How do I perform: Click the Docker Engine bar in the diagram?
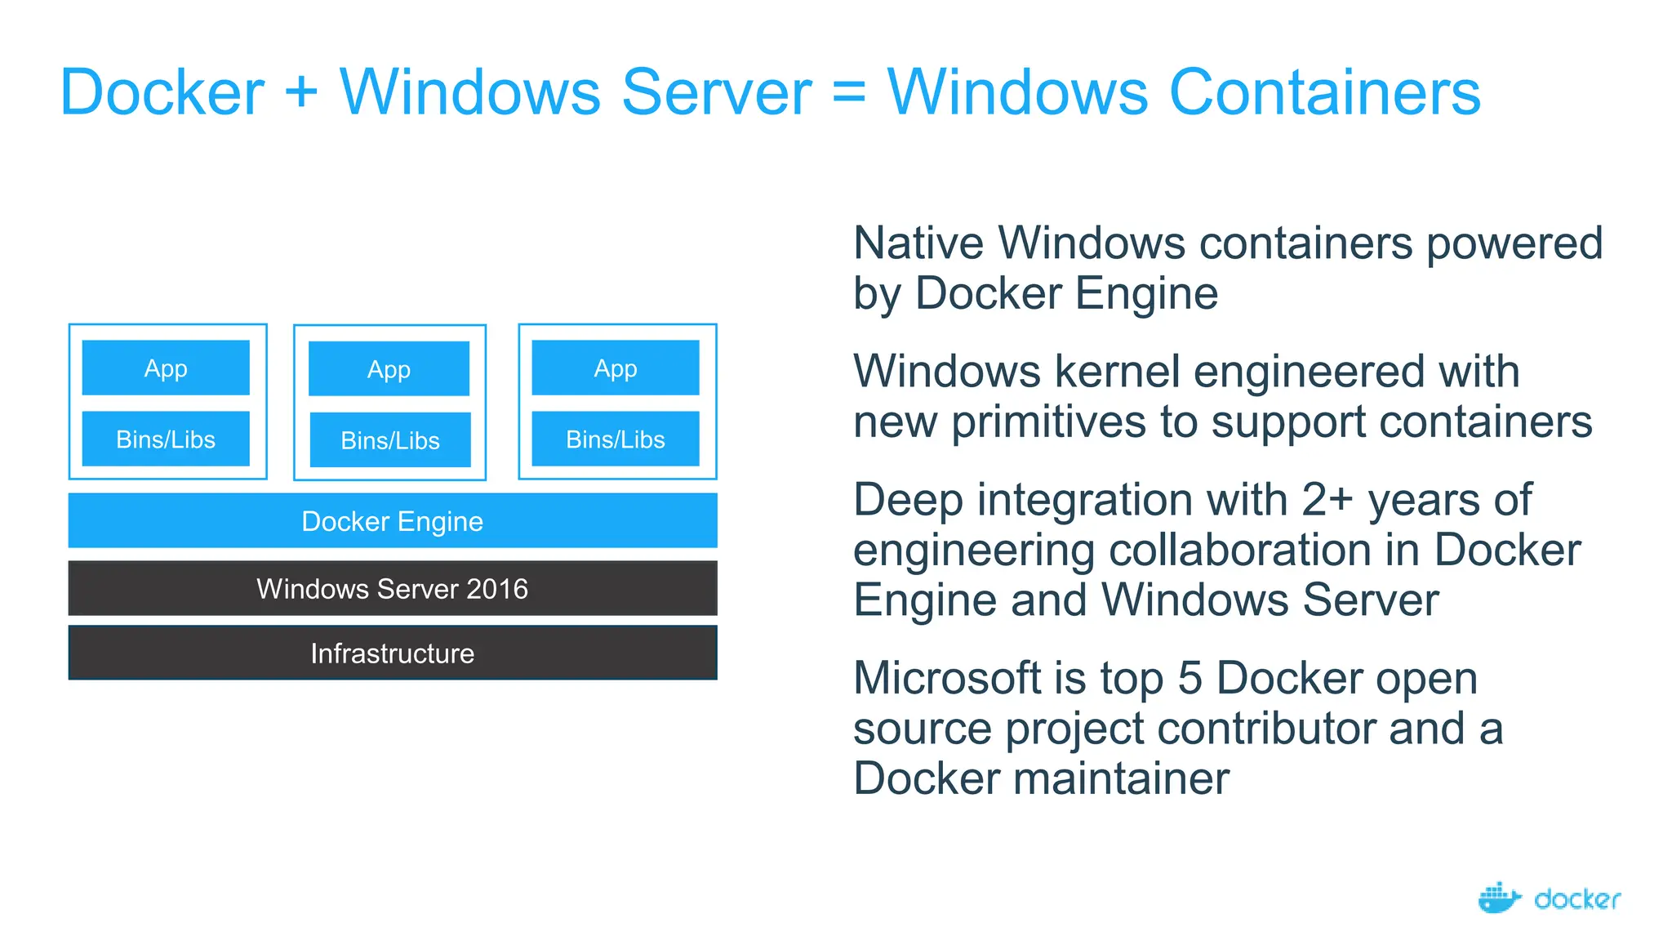coord(393,520)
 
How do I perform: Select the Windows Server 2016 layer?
coord(393,588)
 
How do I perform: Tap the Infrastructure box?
coord(393,653)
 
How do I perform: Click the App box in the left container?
coord(166,368)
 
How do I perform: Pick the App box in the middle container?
coord(389,369)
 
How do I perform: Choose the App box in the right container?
coord(616,368)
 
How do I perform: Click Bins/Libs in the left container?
coord(166,439)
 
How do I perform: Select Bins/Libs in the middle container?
coord(390,440)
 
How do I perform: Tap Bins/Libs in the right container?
coord(616,439)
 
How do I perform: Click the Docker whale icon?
coord(1499,898)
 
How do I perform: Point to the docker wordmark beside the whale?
coord(1577,899)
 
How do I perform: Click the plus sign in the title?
coord(301,91)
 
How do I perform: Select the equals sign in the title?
coord(849,91)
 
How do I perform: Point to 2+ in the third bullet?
coord(1327,500)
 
